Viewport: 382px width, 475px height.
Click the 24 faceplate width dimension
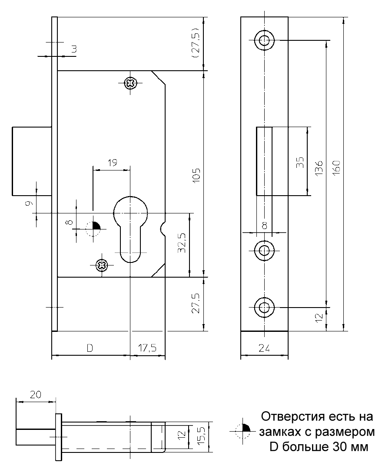tap(264, 348)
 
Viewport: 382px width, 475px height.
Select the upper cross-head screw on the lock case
tap(130, 83)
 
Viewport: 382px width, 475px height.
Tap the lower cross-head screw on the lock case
tap(101, 265)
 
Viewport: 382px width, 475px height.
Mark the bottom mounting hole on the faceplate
tap(264, 308)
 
